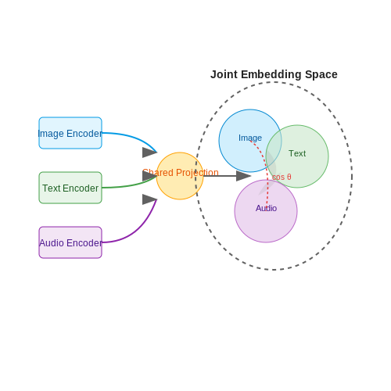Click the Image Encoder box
pyautogui.click(x=70, y=133)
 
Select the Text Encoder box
pyautogui.click(x=70, y=188)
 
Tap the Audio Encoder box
pyautogui.click(x=70, y=242)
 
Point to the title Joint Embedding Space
pyautogui.click(x=274, y=74)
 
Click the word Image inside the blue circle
pyautogui.click(x=250, y=138)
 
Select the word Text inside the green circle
pyautogui.click(x=297, y=153)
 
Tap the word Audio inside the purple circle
pyautogui.click(x=266, y=208)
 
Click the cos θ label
pyautogui.click(x=282, y=177)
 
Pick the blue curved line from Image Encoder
pyautogui.click(x=133, y=138)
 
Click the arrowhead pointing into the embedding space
pyautogui.click(x=243, y=176)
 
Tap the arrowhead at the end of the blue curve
pyautogui.click(x=149, y=152)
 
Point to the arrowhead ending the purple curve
pyautogui.click(x=149, y=199)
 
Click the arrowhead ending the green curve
pyautogui.click(x=149, y=176)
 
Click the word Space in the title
pyautogui.click(x=321, y=75)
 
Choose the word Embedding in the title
pyautogui.click(x=271, y=75)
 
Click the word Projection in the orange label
pyautogui.click(x=197, y=173)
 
